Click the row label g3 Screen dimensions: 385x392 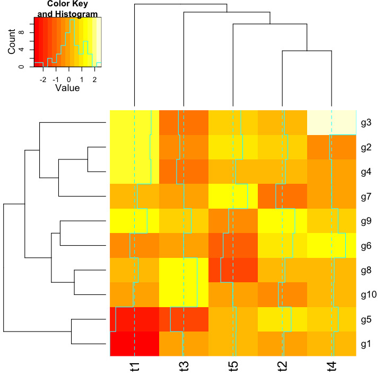tap(365, 123)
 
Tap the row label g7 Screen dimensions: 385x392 tap(365, 196)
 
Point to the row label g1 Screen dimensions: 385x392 tap(365, 344)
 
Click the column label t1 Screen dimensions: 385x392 tap(135, 365)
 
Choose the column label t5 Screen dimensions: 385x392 tap(233, 365)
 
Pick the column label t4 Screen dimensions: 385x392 tap(332, 365)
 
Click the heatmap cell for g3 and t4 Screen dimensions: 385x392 tap(332, 122)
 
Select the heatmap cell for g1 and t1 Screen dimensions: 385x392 tap(135, 344)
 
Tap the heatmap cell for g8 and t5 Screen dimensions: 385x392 tap(233, 270)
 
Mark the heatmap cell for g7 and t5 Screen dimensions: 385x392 tap(233, 196)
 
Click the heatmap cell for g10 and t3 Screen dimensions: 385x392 tap(184, 294)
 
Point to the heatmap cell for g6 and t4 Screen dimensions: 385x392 tap(332, 246)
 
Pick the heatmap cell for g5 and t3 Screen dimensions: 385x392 tap(184, 319)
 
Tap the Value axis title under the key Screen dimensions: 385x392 tap(67, 88)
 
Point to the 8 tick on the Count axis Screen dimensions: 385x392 tap(21, 32)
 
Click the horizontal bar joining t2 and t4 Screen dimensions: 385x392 tap(307, 51)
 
